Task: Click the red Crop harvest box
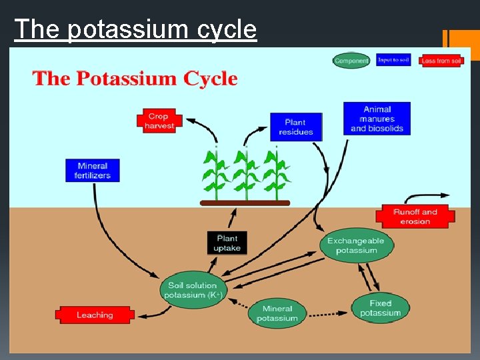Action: (159, 121)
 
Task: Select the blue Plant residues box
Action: (295, 127)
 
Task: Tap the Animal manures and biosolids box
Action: (377, 119)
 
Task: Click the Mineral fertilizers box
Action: (93, 171)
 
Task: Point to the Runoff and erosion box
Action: (415, 216)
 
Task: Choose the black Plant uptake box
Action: (227, 243)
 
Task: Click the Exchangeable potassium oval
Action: (356, 245)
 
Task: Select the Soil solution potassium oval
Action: (193, 290)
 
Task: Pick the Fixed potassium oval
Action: (380, 308)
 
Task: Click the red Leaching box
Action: (94, 315)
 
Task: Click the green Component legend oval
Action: (351, 61)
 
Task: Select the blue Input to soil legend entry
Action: (393, 60)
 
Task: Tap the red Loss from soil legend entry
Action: (441, 61)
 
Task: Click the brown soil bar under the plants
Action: (245, 203)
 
